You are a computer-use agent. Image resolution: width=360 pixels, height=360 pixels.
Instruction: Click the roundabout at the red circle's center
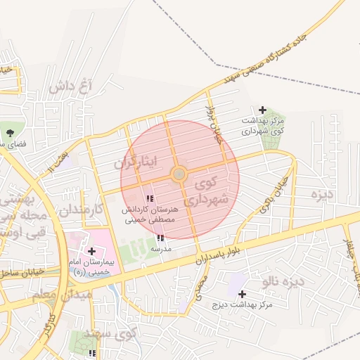pyautogui.click(x=179, y=173)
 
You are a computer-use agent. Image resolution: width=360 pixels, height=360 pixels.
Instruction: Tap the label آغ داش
pyautogui.click(x=72, y=87)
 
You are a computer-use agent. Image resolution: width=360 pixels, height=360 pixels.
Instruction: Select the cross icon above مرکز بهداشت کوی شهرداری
pyautogui.click(x=262, y=110)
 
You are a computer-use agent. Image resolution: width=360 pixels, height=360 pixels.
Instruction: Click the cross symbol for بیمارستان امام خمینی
pyautogui.click(x=92, y=250)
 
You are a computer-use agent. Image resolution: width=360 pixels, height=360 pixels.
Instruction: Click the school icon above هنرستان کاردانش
pyautogui.click(x=150, y=199)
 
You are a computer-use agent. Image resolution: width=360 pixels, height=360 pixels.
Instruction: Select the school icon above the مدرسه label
pyautogui.click(x=161, y=238)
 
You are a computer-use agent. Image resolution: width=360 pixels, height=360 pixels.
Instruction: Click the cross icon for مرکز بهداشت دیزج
pyautogui.click(x=243, y=294)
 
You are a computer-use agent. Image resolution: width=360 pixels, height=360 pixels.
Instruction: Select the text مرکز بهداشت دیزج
pyautogui.click(x=245, y=305)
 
